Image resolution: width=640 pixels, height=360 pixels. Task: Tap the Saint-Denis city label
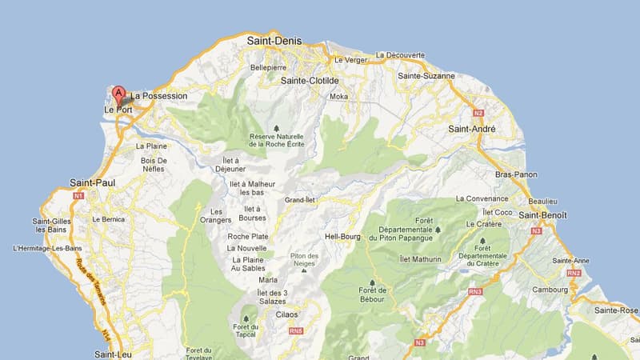pos(274,40)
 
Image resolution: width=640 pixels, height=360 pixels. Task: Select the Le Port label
pos(118,110)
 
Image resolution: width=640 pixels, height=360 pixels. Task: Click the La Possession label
pos(159,96)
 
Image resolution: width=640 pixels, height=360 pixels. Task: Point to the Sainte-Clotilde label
pos(310,81)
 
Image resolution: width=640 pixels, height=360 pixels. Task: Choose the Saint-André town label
pos(471,128)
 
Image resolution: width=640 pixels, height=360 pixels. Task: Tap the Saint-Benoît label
pos(543,215)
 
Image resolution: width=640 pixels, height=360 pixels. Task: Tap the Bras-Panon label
pos(516,174)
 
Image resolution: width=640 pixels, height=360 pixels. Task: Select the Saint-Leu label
pos(112,354)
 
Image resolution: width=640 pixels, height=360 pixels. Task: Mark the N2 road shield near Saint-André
pos(479,113)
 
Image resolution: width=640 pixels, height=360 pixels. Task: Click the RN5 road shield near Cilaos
pos(296,330)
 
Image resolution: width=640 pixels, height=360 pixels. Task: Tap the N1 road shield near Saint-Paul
pos(78,195)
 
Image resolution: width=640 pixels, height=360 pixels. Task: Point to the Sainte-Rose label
pos(617,310)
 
